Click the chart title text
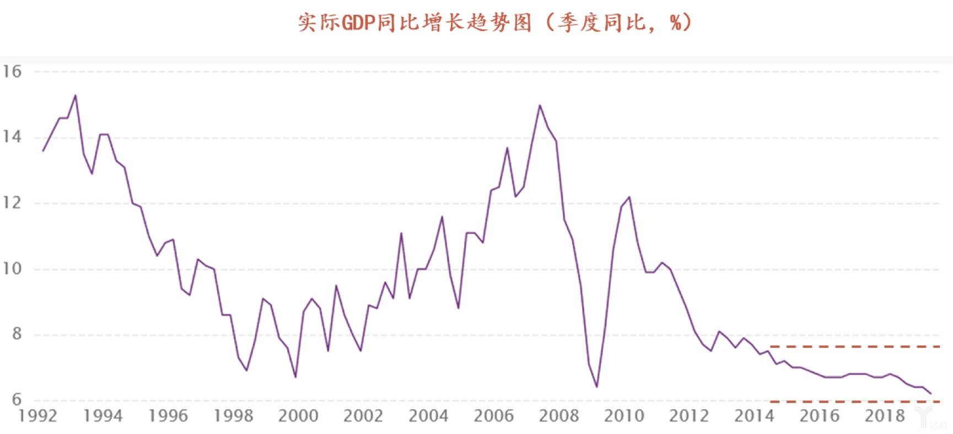click(494, 23)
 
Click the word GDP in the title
click(358, 24)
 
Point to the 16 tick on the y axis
click(12, 72)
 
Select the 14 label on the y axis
click(12, 137)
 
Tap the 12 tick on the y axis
click(12, 203)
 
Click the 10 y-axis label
click(12, 269)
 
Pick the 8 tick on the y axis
click(16, 334)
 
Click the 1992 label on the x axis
click(37, 416)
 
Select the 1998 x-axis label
click(233, 416)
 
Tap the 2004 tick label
click(428, 416)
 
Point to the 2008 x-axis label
click(558, 416)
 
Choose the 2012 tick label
click(689, 416)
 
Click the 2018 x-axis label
click(884, 416)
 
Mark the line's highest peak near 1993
click(76, 95)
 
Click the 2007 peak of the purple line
click(540, 105)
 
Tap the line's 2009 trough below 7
click(597, 387)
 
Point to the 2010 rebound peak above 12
click(629, 197)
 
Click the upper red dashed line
click(854, 347)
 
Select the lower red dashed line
click(854, 401)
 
